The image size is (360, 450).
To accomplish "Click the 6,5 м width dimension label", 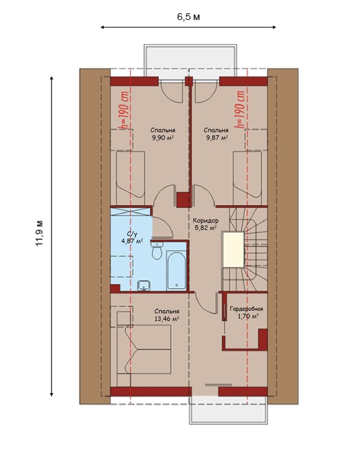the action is coord(188,17).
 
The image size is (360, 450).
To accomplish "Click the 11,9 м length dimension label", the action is coord(40,233).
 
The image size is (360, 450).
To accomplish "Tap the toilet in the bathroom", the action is coord(157,251).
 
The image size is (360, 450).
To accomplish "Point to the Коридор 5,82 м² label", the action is coord(205,224).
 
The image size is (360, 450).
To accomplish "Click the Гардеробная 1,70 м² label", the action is coord(247,313).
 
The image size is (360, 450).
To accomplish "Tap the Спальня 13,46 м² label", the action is coord(167,315).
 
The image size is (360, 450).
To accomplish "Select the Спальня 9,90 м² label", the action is coord(163,134).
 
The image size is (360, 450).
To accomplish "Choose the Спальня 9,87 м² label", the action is coord(216,134).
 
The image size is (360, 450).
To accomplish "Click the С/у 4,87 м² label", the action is coord(132,238).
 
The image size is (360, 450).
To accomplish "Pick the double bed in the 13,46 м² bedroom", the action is coord(144,349).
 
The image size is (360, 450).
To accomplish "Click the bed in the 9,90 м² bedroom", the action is coord(130,175).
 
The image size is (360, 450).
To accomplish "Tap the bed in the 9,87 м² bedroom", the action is coord(247,175).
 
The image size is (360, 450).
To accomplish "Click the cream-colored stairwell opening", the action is coord(233,250).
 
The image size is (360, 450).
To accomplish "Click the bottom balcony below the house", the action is coord(229,410).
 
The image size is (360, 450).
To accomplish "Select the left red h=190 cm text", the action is coord(125,110).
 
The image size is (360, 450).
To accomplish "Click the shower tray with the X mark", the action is coord(131,212).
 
